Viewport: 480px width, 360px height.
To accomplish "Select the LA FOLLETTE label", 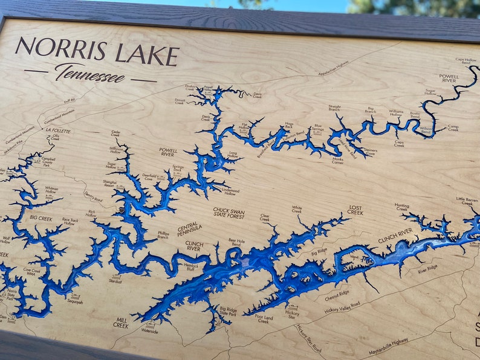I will point(57,130).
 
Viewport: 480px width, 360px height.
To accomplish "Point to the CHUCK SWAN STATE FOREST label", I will point(229,213).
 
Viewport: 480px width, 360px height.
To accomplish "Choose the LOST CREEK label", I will point(355,210).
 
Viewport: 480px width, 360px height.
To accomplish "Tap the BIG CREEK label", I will point(41,217).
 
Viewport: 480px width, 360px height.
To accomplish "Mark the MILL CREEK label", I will point(121,323).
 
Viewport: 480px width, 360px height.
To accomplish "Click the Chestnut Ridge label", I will point(337,294).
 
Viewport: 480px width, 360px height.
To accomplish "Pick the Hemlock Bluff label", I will point(191,266).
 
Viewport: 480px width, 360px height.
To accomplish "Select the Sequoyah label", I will point(75,301).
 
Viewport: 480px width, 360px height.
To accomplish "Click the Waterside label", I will point(149,330).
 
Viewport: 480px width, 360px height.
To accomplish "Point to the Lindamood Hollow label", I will point(230,192).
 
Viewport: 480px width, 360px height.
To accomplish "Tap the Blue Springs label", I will point(318,128).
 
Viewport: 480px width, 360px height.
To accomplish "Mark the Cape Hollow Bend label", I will point(465,62).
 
